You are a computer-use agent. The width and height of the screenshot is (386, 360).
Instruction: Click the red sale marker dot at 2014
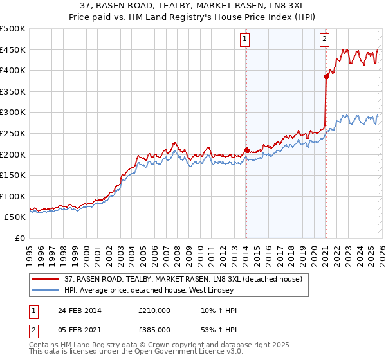tap(246, 150)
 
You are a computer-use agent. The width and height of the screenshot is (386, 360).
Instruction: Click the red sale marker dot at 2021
tap(326, 77)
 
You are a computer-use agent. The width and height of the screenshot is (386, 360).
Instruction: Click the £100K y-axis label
tap(14, 196)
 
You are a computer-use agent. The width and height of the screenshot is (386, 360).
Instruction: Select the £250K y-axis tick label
tap(14, 133)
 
